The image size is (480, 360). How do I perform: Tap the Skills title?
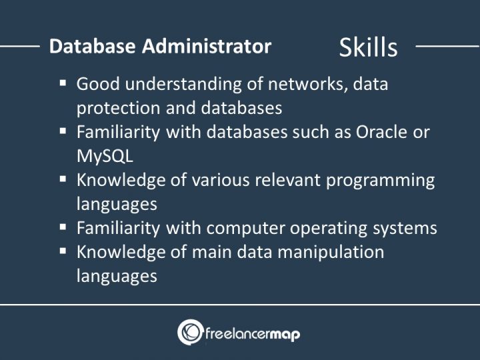pyautogui.click(x=368, y=47)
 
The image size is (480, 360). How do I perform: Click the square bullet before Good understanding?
pyautogui.click(x=63, y=83)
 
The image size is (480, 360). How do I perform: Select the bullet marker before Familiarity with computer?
pyautogui.click(x=63, y=227)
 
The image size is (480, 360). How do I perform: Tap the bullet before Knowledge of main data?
pyautogui.click(x=63, y=251)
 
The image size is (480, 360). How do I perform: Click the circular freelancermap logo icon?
pyautogui.click(x=190, y=332)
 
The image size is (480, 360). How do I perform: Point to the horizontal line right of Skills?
pyautogui.click(x=447, y=47)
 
